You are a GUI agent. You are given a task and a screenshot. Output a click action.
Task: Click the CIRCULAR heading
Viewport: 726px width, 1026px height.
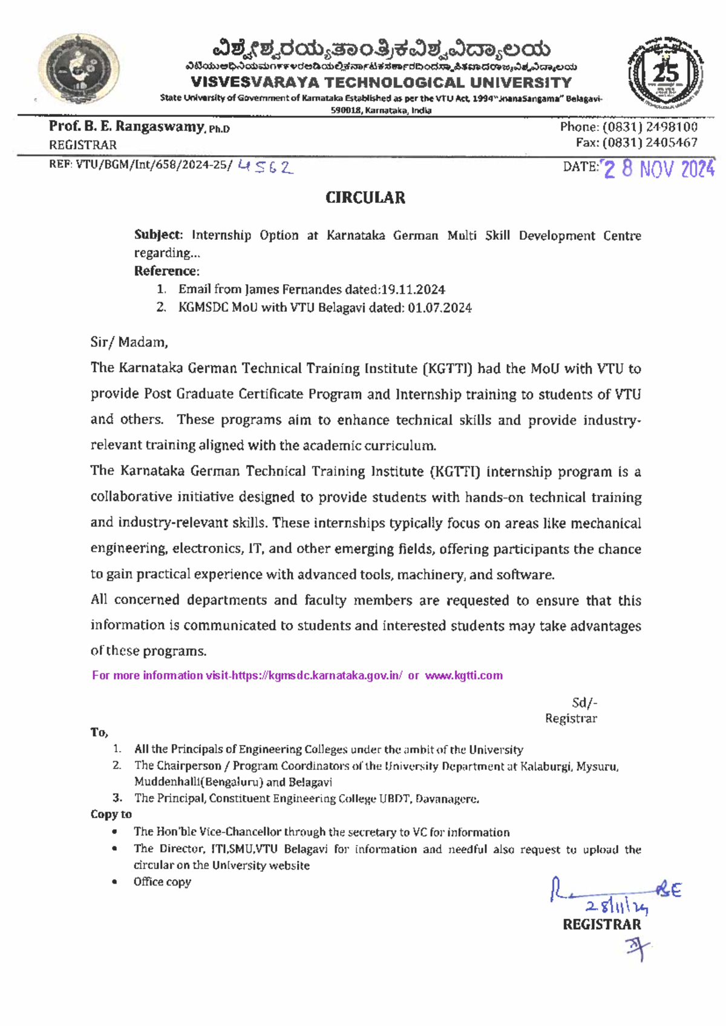[x=365, y=197]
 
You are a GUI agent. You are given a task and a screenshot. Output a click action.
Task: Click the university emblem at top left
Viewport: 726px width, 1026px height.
[x=79, y=70]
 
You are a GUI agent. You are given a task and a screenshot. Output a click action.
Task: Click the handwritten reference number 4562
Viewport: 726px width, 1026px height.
[x=266, y=167]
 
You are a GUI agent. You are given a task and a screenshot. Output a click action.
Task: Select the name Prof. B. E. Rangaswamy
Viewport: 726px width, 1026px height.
[x=126, y=127]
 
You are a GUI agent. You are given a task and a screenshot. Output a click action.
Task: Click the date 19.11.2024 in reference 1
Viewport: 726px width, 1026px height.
[x=413, y=290]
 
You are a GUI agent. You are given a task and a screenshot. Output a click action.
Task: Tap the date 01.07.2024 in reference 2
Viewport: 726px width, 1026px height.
[x=439, y=308]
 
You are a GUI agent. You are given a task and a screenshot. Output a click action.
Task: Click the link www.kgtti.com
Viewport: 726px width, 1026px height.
[x=463, y=675]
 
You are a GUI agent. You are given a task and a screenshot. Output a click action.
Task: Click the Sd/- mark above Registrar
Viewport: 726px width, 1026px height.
[x=584, y=703]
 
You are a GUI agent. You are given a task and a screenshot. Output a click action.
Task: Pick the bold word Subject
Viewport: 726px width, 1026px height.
[x=157, y=235]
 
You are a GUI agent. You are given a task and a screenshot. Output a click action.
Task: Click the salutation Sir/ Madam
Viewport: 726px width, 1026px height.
[x=129, y=342]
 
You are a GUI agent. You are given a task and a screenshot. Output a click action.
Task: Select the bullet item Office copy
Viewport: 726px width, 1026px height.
[x=162, y=882]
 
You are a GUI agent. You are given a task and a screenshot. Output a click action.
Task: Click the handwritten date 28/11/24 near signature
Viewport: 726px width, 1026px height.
[x=616, y=907]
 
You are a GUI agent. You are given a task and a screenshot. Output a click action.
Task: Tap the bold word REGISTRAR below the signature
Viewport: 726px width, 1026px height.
[x=601, y=924]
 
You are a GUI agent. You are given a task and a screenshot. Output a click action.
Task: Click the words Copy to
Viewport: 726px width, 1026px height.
[x=111, y=814]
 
